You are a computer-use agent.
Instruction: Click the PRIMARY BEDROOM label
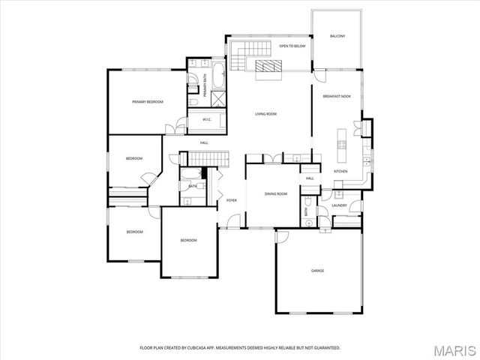coord(148,101)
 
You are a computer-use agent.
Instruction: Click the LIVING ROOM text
coord(265,114)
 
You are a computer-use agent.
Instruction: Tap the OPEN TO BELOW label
coord(292,46)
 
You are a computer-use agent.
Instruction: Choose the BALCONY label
coord(337,36)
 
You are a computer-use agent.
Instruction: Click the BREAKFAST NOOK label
coord(337,97)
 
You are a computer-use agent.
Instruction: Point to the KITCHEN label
coord(340,171)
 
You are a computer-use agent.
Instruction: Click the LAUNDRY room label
coord(338,205)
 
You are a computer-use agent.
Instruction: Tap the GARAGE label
coord(318,270)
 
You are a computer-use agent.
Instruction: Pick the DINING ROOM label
coord(276,194)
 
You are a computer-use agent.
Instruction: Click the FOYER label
coord(232,200)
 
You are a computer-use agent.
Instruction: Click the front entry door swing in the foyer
coord(235,220)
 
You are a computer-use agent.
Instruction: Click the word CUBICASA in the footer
coord(196,348)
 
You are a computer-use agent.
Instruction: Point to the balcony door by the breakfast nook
coord(319,76)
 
